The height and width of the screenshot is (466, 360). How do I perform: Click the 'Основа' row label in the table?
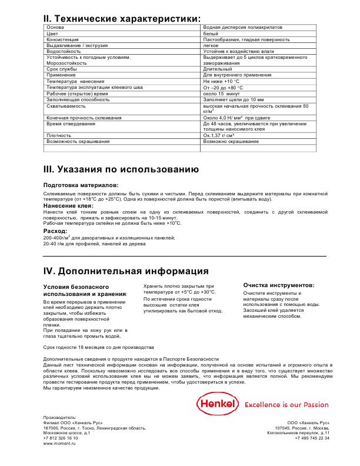coord(55,28)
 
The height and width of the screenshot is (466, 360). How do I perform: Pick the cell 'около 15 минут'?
coord(223,94)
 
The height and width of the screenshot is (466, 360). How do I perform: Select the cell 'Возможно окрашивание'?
coord(231,142)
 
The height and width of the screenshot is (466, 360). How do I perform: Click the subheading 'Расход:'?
coord(56,231)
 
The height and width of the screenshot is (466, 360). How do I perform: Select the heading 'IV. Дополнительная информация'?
coord(126,271)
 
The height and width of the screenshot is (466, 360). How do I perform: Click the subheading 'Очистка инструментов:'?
coord(278,285)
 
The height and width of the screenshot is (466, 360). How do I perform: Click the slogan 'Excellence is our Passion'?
coord(286,405)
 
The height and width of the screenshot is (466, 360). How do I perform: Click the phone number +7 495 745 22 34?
coord(311,438)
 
